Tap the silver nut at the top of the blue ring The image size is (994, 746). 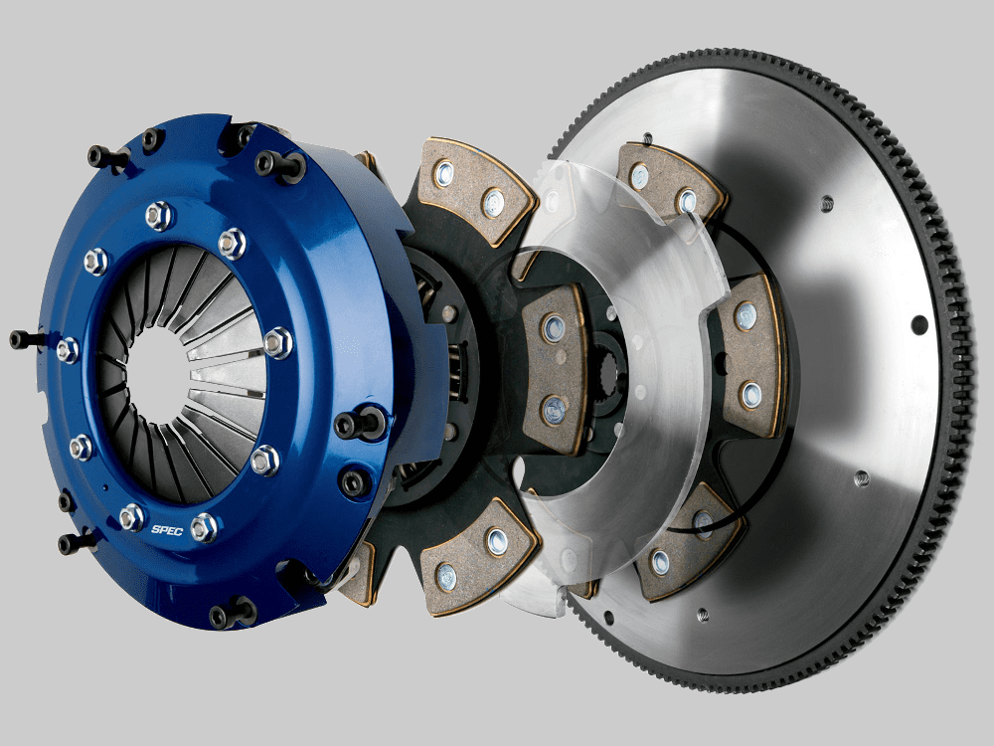pyautogui.click(x=159, y=213)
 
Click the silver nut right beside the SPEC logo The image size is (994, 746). pyautogui.click(x=203, y=527)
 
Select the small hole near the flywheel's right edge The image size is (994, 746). pyautogui.click(x=919, y=323)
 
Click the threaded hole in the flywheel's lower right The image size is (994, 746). pyautogui.click(x=861, y=478)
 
